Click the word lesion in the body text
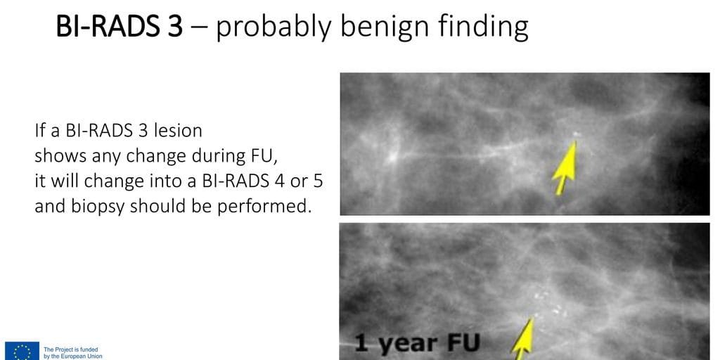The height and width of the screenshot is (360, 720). pyautogui.click(x=179, y=131)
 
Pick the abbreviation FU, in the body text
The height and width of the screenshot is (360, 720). pyautogui.click(x=266, y=157)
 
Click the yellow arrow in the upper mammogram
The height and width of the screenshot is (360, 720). pyautogui.click(x=565, y=168)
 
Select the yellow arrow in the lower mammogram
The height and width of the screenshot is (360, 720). pyautogui.click(x=523, y=339)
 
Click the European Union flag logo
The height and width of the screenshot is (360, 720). pyautogui.click(x=22, y=351)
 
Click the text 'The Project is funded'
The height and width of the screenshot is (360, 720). pyautogui.click(x=71, y=349)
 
